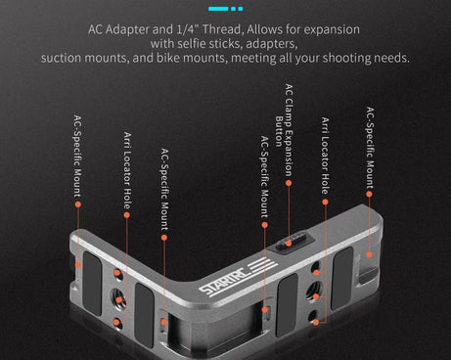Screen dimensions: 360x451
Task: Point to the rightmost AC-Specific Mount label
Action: [369, 147]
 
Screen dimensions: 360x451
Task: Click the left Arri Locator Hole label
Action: [126, 170]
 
